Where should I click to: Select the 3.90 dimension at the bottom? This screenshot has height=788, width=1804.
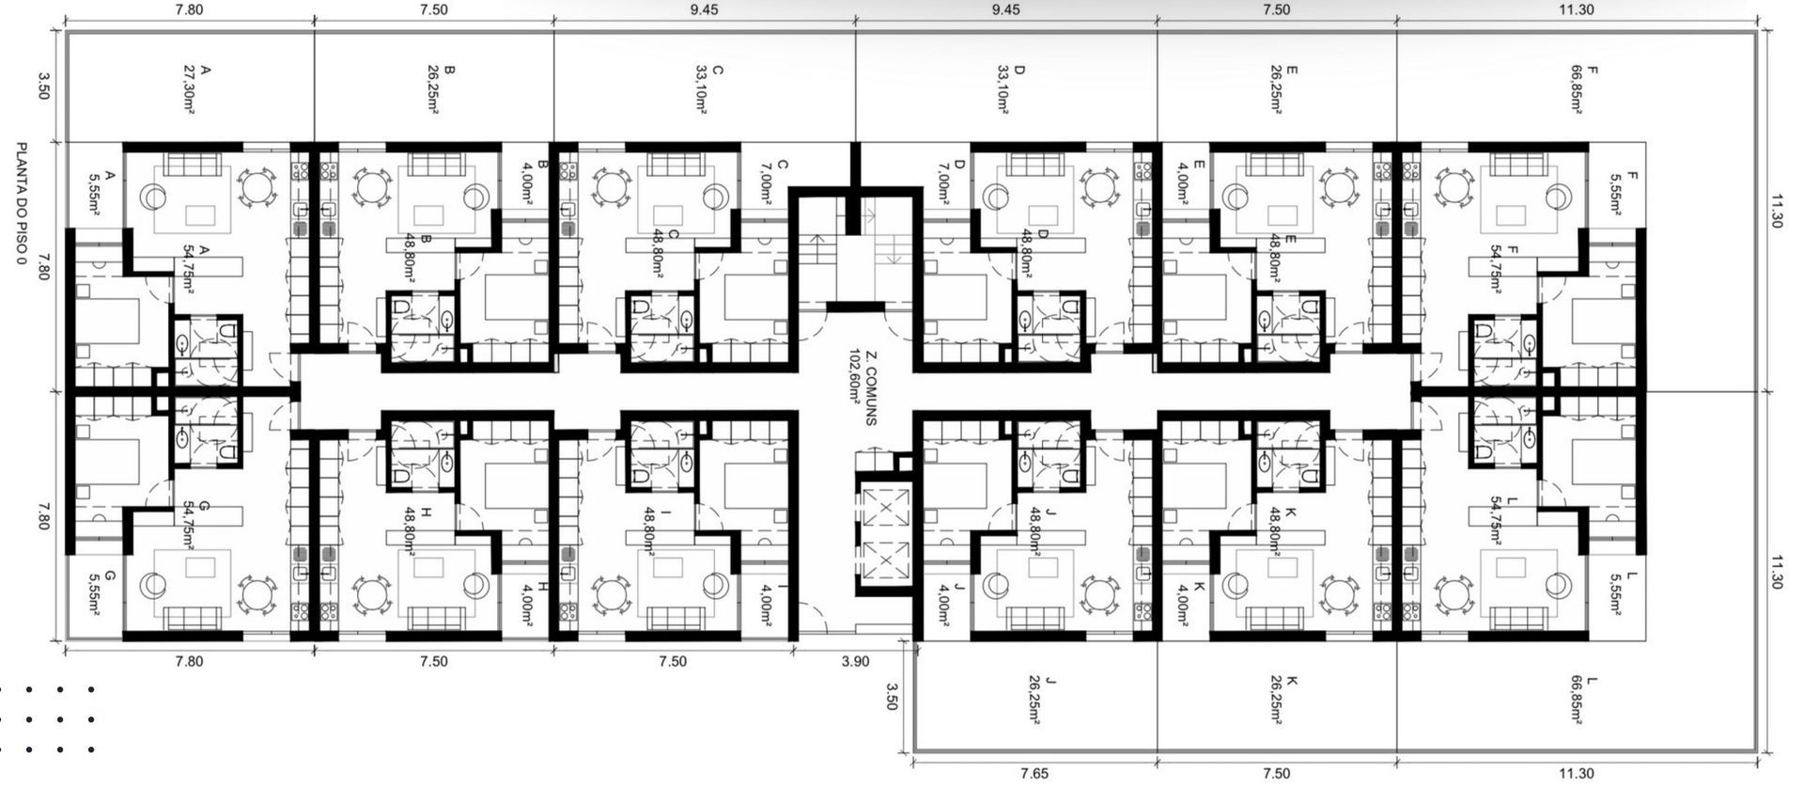click(855, 662)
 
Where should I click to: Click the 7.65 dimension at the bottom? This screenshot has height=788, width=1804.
click(1034, 774)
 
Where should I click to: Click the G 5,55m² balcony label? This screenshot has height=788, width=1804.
click(101, 591)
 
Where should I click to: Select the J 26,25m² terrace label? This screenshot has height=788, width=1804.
click(1043, 701)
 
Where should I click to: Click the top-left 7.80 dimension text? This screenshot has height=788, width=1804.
click(189, 9)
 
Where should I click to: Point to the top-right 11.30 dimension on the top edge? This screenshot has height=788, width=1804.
click(1576, 9)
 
